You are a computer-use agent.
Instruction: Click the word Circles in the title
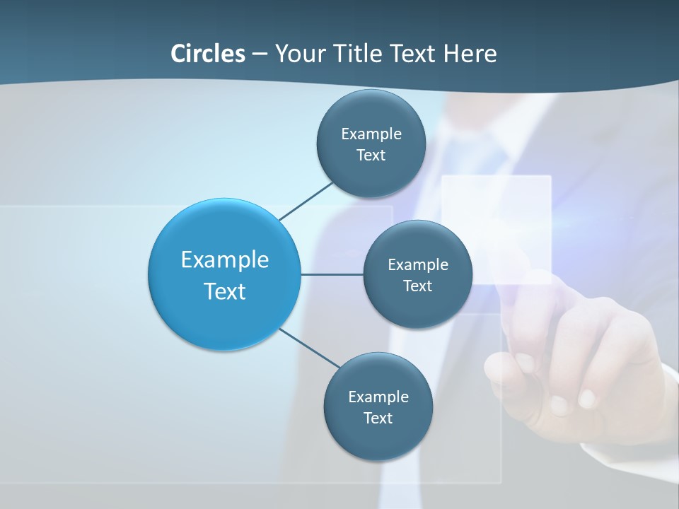click(x=207, y=54)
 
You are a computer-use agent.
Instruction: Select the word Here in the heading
click(x=470, y=54)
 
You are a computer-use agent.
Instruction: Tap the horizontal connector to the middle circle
click(x=332, y=274)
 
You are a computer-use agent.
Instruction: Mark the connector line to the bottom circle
click(x=310, y=348)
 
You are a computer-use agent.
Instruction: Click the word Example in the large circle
click(x=225, y=260)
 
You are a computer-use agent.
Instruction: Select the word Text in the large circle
click(x=225, y=291)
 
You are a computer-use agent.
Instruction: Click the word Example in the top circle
click(x=371, y=134)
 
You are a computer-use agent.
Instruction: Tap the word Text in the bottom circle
click(x=378, y=418)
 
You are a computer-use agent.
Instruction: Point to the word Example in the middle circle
click(x=418, y=265)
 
